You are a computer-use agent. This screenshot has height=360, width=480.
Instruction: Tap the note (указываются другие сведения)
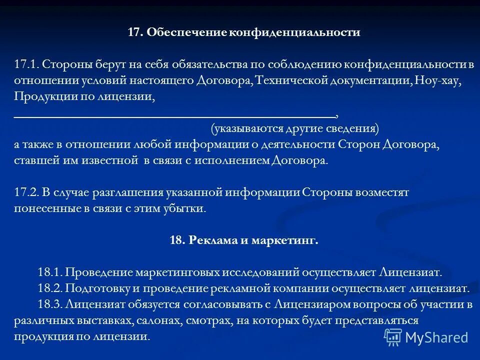(295, 128)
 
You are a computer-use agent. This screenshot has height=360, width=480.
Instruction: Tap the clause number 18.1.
(49, 272)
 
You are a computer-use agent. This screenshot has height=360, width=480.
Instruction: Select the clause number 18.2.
(49, 288)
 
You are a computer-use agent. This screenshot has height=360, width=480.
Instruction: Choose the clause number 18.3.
(49, 304)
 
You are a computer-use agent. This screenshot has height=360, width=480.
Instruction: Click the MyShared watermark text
(436, 337)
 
